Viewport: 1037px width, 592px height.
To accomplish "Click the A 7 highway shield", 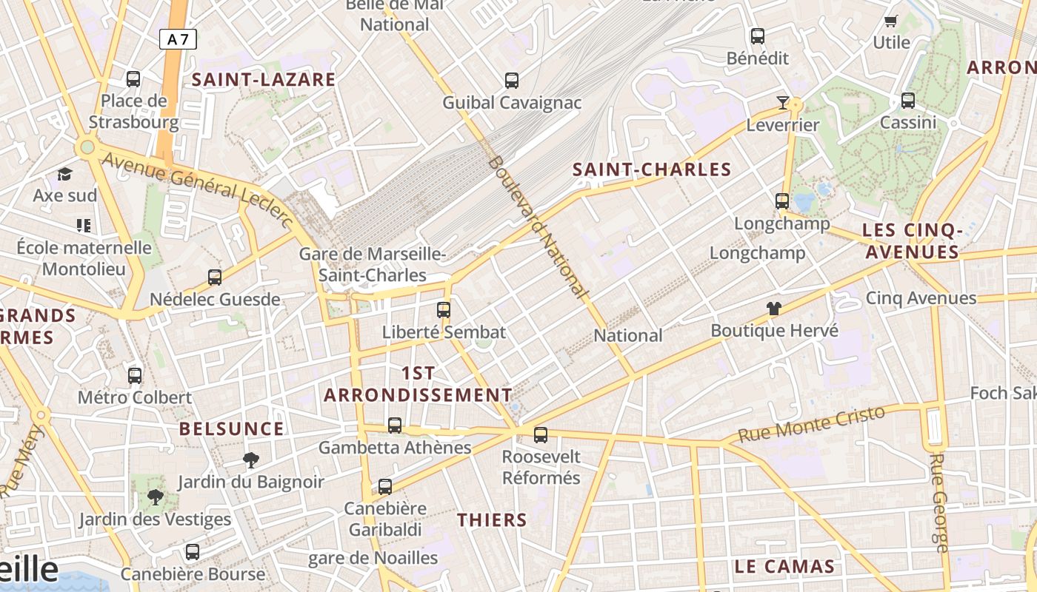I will tap(178, 39).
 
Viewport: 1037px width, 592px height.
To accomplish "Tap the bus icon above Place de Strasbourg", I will tap(133, 79).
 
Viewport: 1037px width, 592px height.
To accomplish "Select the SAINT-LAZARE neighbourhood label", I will tap(264, 80).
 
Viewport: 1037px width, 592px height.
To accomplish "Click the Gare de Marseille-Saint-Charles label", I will tap(373, 265).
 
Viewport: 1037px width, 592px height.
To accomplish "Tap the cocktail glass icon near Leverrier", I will tap(782, 103).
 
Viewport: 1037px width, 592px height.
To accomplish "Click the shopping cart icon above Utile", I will tap(891, 21).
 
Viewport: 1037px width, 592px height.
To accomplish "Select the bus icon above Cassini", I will tap(908, 101).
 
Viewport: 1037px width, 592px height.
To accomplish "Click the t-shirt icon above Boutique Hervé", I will tap(774, 309).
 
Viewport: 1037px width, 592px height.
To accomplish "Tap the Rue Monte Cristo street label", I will tap(812, 424).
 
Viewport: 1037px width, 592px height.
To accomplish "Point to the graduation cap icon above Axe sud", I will tap(65, 175).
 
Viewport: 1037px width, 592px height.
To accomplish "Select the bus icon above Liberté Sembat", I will tap(444, 310).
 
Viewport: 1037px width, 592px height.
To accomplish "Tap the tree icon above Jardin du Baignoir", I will tap(250, 460).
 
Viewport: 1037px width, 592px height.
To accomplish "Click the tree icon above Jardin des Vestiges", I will tap(156, 497).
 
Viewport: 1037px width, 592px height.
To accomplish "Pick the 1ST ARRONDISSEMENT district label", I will tap(418, 384).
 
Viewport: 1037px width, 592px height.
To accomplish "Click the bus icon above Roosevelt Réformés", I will tap(541, 435).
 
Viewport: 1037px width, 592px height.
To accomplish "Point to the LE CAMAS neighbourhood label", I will tap(784, 567).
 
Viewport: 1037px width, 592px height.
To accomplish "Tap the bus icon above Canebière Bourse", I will tap(193, 552).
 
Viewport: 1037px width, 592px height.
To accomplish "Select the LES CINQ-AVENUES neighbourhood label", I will tap(913, 242).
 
